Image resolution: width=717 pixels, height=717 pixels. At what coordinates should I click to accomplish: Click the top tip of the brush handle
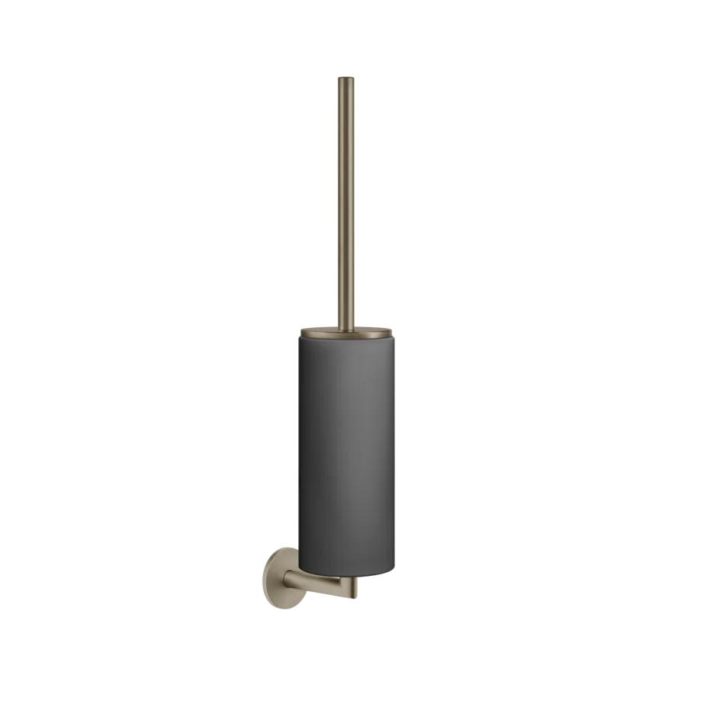click(x=348, y=76)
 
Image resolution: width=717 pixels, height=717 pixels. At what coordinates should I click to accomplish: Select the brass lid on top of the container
click(x=348, y=332)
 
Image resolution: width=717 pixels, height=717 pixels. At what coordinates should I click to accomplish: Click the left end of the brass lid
click(x=301, y=333)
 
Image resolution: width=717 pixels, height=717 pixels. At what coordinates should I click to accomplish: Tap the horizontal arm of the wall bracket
click(x=320, y=587)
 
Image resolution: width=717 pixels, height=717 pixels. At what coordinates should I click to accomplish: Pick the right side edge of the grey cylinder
click(x=395, y=458)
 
